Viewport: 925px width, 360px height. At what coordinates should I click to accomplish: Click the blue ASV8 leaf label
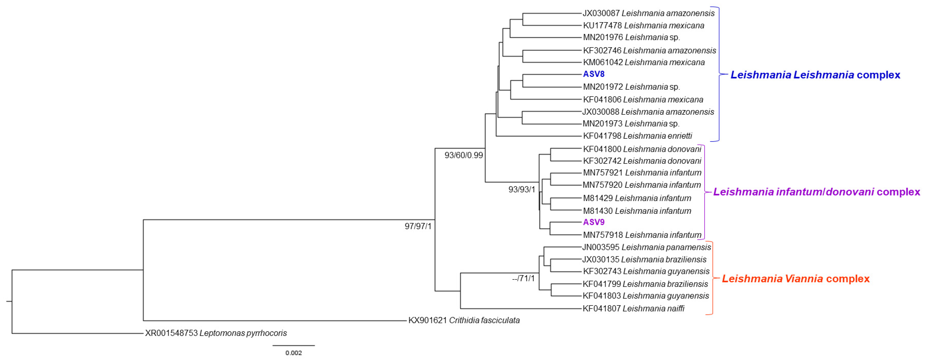(x=594, y=74)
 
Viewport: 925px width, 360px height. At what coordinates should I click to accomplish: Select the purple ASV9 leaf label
(x=594, y=222)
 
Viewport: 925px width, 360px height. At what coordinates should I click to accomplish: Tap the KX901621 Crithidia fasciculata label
(x=464, y=320)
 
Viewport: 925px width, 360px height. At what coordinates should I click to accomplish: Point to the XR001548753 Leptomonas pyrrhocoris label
(x=216, y=333)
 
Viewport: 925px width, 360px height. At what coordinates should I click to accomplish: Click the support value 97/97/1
(x=418, y=226)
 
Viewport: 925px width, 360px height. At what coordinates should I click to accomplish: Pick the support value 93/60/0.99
(x=464, y=155)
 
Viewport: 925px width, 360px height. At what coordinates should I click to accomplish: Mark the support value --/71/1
(x=523, y=278)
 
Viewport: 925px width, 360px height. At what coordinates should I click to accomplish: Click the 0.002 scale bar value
(x=293, y=353)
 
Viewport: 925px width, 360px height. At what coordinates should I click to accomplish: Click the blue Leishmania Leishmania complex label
(x=815, y=75)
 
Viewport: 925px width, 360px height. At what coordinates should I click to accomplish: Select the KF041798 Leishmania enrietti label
(x=637, y=136)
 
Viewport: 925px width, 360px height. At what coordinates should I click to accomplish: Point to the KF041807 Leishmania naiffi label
(x=633, y=308)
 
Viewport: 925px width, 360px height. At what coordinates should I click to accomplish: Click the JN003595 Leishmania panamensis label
(x=646, y=247)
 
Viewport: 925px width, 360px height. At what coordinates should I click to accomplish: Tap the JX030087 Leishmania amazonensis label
(x=648, y=13)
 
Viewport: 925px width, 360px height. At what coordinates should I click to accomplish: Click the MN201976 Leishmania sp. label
(x=631, y=37)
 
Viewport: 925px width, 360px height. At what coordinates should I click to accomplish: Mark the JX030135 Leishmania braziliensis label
(x=644, y=259)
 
